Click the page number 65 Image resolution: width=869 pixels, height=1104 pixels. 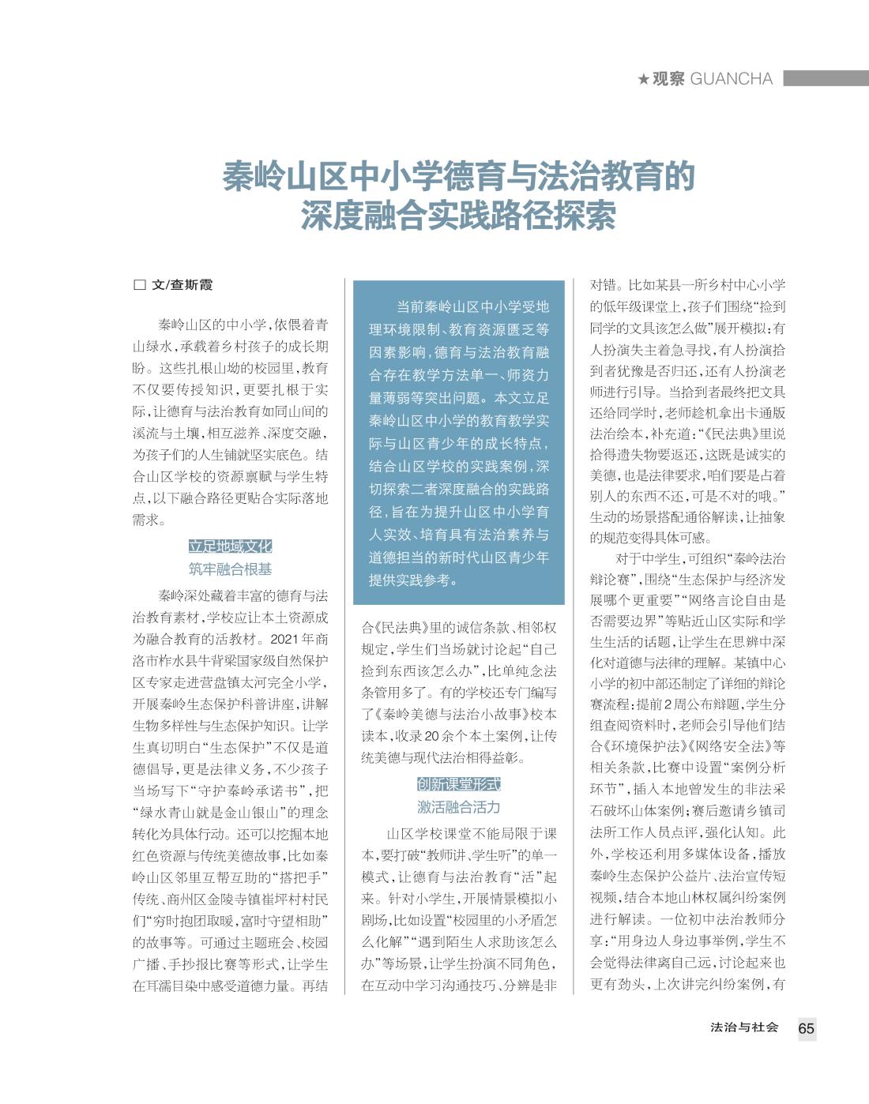(x=806, y=1028)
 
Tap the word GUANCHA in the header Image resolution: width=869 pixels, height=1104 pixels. (x=731, y=79)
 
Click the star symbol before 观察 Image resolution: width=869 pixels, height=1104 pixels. (x=643, y=79)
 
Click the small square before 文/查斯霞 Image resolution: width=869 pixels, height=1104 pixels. (x=140, y=285)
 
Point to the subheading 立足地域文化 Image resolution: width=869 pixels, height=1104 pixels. (x=230, y=546)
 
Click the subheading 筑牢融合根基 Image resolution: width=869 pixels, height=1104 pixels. (x=230, y=569)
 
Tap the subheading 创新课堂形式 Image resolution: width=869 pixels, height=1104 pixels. (x=459, y=785)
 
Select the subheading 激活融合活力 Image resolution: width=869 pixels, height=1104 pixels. (x=459, y=807)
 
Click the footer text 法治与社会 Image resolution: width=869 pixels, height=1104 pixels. (x=744, y=1027)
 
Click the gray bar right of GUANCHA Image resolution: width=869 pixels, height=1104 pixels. (x=826, y=79)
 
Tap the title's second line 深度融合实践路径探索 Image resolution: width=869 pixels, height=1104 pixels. (x=458, y=216)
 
